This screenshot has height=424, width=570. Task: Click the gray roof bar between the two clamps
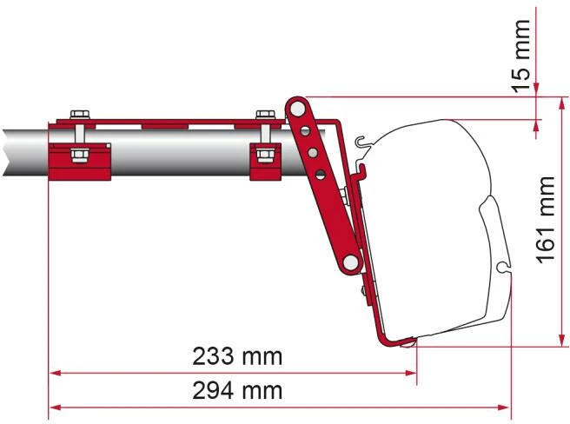[x=174, y=147]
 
